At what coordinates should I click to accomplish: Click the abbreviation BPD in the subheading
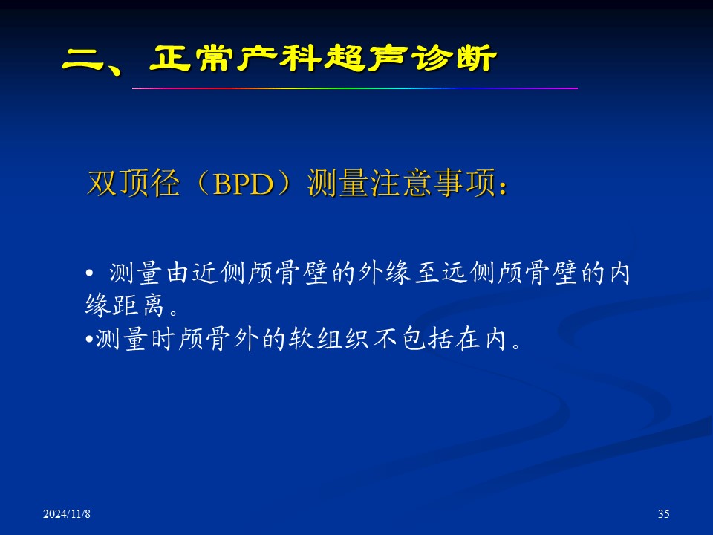coord(244,184)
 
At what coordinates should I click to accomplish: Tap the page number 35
coord(663,513)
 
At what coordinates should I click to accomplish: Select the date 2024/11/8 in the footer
coord(67,514)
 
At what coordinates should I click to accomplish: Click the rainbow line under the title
coord(355,88)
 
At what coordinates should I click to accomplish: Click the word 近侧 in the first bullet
coord(218,273)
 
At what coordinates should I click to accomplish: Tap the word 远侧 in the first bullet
coord(469,273)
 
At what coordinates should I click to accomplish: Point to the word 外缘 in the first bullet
coord(385,273)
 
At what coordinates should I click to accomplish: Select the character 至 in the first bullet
coord(428,273)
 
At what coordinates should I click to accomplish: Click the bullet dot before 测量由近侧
coord(89,273)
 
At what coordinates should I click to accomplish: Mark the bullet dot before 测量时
coord(89,340)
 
